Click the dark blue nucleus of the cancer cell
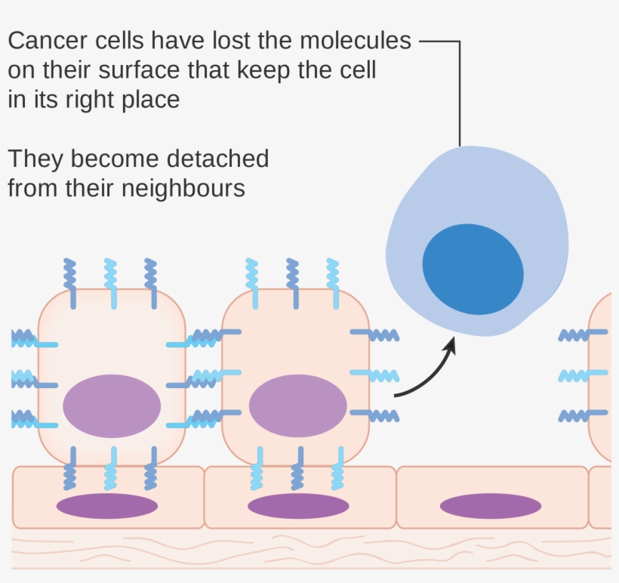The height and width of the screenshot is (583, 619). tap(473, 269)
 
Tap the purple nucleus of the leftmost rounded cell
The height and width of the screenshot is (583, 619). tap(112, 406)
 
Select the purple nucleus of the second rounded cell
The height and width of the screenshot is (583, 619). tap(297, 406)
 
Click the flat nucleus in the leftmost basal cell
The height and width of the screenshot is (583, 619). tap(107, 505)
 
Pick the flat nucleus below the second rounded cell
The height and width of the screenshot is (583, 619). tap(297, 505)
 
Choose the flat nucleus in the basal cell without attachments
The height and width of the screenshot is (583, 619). tap(491, 505)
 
